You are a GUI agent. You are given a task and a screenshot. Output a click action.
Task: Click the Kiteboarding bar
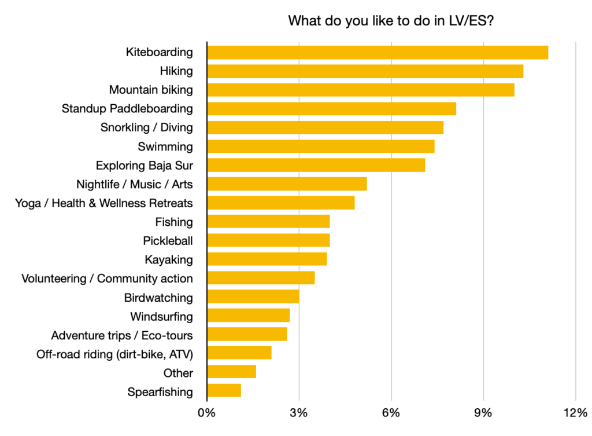(377, 52)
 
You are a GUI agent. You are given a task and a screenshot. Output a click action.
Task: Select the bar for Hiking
(365, 71)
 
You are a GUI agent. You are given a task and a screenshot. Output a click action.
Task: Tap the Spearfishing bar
(224, 391)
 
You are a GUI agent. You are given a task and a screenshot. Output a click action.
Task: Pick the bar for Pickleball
(268, 240)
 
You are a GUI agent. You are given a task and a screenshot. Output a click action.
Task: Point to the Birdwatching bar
(253, 297)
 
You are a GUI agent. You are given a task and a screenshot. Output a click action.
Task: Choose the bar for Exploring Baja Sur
(316, 165)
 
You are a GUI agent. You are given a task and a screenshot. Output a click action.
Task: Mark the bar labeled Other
(231, 372)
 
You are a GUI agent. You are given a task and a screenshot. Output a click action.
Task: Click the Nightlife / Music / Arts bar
(287, 184)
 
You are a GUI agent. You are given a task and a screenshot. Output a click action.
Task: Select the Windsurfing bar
(248, 316)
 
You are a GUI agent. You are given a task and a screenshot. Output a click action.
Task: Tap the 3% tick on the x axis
(299, 413)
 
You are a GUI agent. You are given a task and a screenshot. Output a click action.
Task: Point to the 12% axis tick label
(575, 413)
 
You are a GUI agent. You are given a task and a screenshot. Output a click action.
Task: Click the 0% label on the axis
(206, 413)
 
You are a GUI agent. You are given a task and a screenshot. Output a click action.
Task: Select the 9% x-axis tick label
(483, 413)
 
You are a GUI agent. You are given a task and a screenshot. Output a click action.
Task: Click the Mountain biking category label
(151, 90)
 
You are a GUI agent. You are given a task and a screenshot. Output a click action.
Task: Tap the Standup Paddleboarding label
(127, 109)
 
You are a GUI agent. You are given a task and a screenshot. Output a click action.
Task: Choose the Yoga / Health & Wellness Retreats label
(104, 203)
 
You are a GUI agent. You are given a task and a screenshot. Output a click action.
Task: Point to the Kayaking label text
(169, 259)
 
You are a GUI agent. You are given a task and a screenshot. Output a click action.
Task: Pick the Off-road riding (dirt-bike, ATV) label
(114, 354)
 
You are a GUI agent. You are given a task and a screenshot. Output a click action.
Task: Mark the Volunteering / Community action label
(107, 279)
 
